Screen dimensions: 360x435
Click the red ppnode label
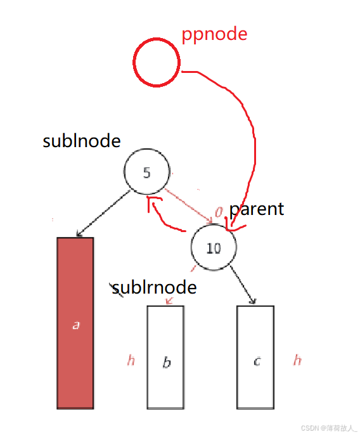(x=214, y=34)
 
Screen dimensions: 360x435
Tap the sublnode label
(x=82, y=141)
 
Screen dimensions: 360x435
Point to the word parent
(x=257, y=209)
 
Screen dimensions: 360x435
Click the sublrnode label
(x=154, y=287)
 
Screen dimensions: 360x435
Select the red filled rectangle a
(x=75, y=323)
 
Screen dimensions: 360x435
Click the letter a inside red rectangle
(x=76, y=325)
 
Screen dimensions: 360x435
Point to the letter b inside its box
(x=167, y=362)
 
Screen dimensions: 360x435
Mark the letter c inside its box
(x=257, y=361)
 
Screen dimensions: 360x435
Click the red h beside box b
(x=131, y=360)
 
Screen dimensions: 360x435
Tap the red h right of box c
(x=297, y=360)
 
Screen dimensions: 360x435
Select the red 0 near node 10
(x=219, y=212)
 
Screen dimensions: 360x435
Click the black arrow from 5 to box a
(x=103, y=213)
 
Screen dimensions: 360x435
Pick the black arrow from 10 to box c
(x=243, y=285)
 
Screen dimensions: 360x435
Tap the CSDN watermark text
(x=329, y=428)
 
